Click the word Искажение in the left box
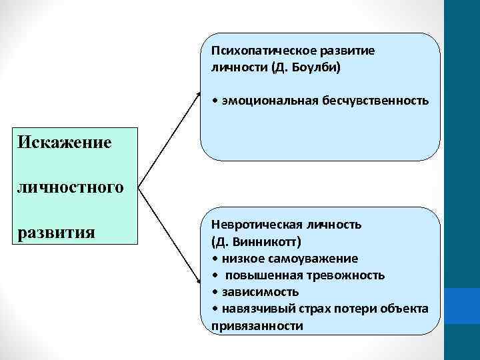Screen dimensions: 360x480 (65, 142)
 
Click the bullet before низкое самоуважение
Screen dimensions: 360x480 (214, 258)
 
